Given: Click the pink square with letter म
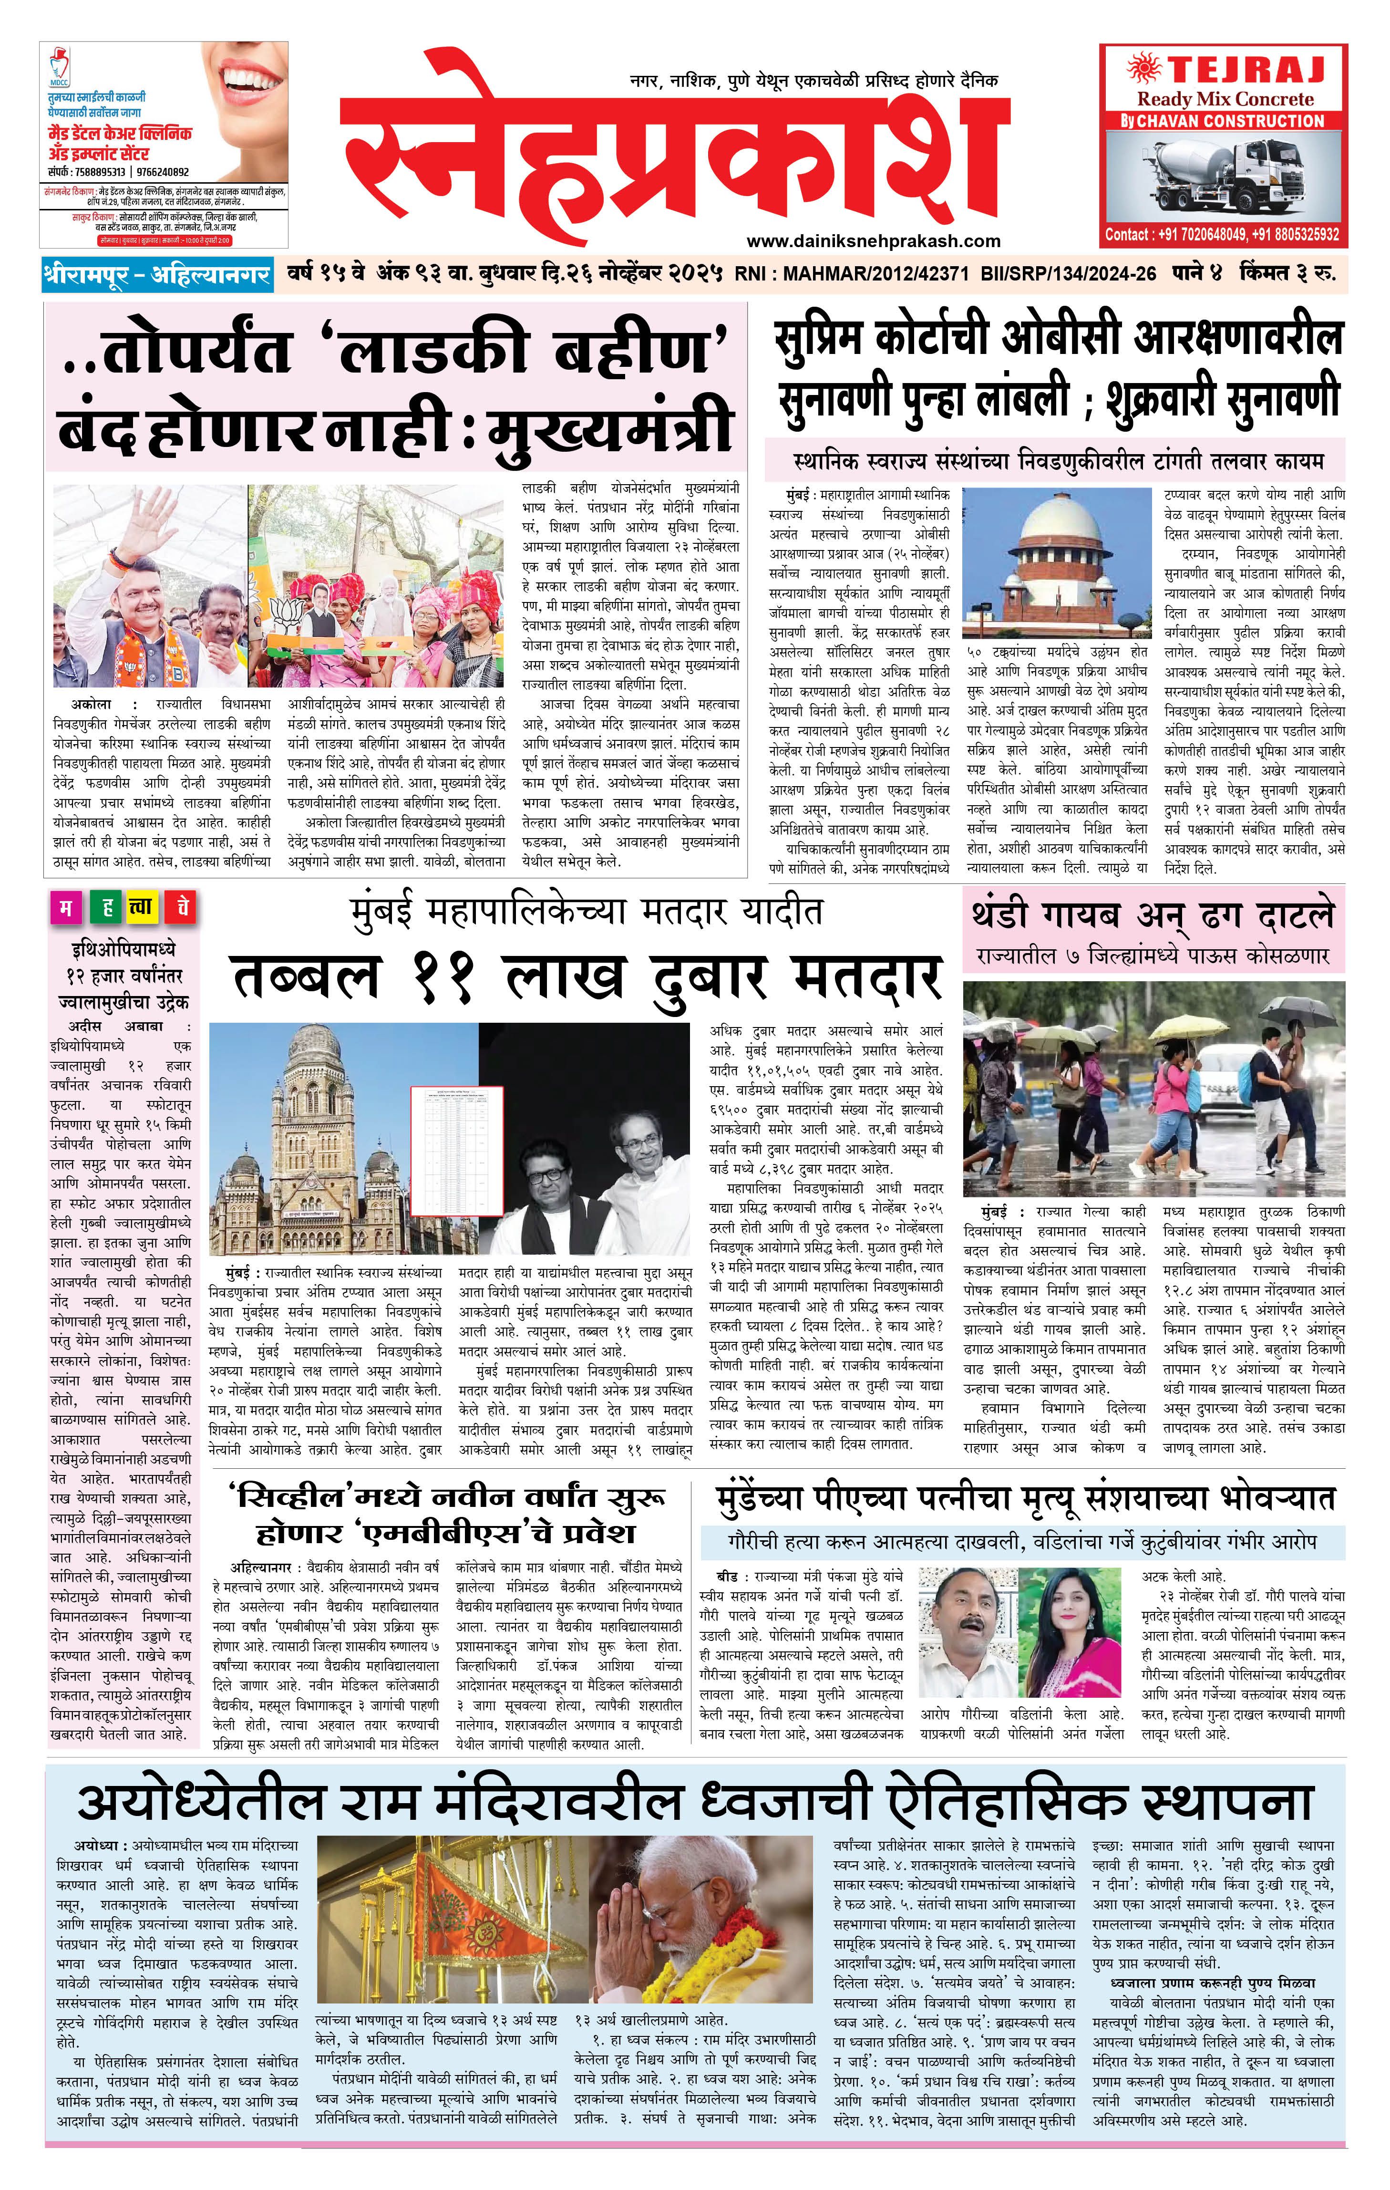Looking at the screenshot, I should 65,910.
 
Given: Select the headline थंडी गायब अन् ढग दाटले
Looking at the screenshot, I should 1153,915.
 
